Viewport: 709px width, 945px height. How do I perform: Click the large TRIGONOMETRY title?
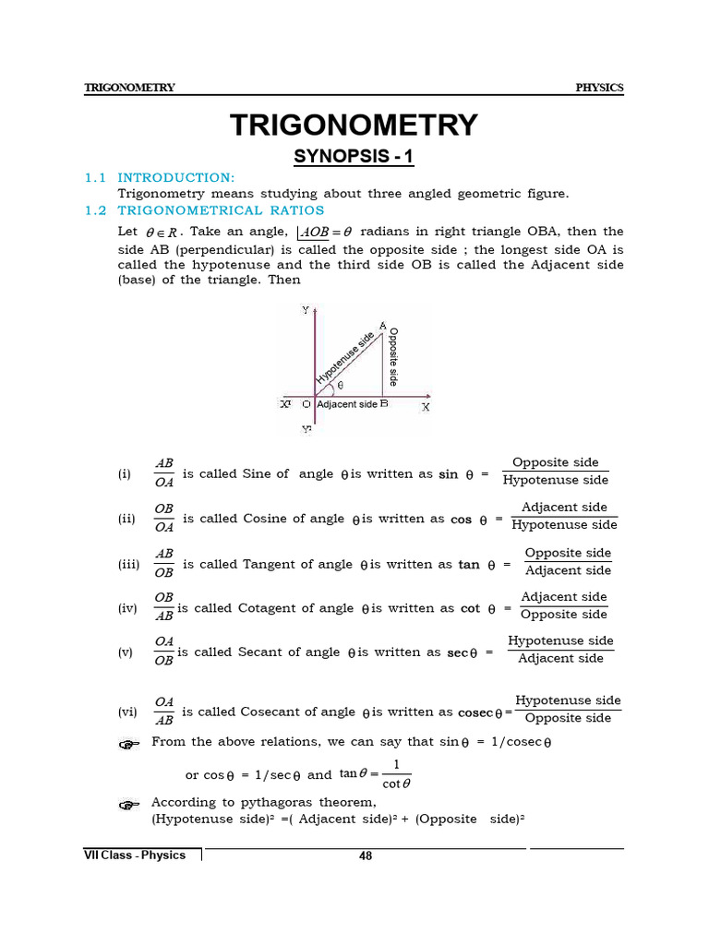pos(354,125)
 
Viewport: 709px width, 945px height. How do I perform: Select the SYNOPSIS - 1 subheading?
pos(354,157)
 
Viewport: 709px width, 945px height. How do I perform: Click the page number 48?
pos(366,855)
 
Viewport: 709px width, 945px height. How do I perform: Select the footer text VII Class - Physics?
pos(135,855)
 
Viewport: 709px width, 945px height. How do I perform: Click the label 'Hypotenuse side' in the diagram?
pos(345,358)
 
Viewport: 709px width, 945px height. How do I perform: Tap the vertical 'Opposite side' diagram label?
pos(394,357)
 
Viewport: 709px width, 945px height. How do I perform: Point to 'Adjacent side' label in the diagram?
pos(346,404)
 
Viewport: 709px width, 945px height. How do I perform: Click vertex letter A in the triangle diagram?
pos(382,326)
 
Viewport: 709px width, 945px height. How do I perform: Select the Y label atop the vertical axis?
pos(306,311)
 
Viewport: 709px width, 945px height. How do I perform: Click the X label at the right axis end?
pos(426,406)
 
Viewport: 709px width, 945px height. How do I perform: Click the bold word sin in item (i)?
pos(449,474)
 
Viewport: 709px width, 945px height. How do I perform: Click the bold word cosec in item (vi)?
pos(475,712)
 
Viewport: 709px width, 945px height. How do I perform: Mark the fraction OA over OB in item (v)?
pos(163,651)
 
